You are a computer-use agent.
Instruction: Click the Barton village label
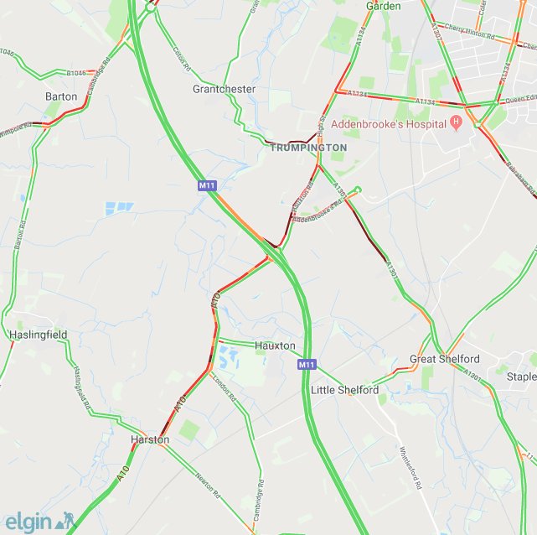click(61, 96)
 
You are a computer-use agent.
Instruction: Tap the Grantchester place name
click(224, 89)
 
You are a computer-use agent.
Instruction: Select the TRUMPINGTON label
click(308, 148)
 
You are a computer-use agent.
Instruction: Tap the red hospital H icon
click(457, 124)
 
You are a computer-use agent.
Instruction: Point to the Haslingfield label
click(38, 335)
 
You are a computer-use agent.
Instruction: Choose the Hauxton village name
click(275, 345)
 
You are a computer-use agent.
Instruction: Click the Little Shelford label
click(344, 390)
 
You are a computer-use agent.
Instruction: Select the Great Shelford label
click(445, 359)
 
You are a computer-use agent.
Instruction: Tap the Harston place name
click(150, 439)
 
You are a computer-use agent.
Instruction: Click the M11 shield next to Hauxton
click(307, 365)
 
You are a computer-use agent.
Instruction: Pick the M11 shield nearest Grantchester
click(208, 184)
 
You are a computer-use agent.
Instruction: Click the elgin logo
click(40, 521)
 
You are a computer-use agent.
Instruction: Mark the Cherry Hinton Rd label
click(466, 27)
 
